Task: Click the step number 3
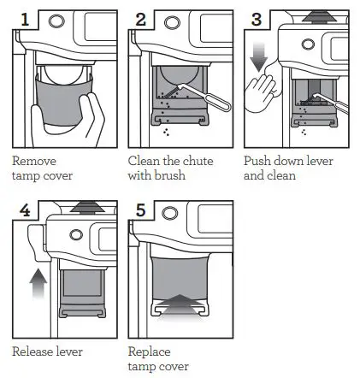255,18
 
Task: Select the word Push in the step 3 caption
257,160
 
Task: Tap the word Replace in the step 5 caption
149,351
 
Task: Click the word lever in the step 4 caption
75,351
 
